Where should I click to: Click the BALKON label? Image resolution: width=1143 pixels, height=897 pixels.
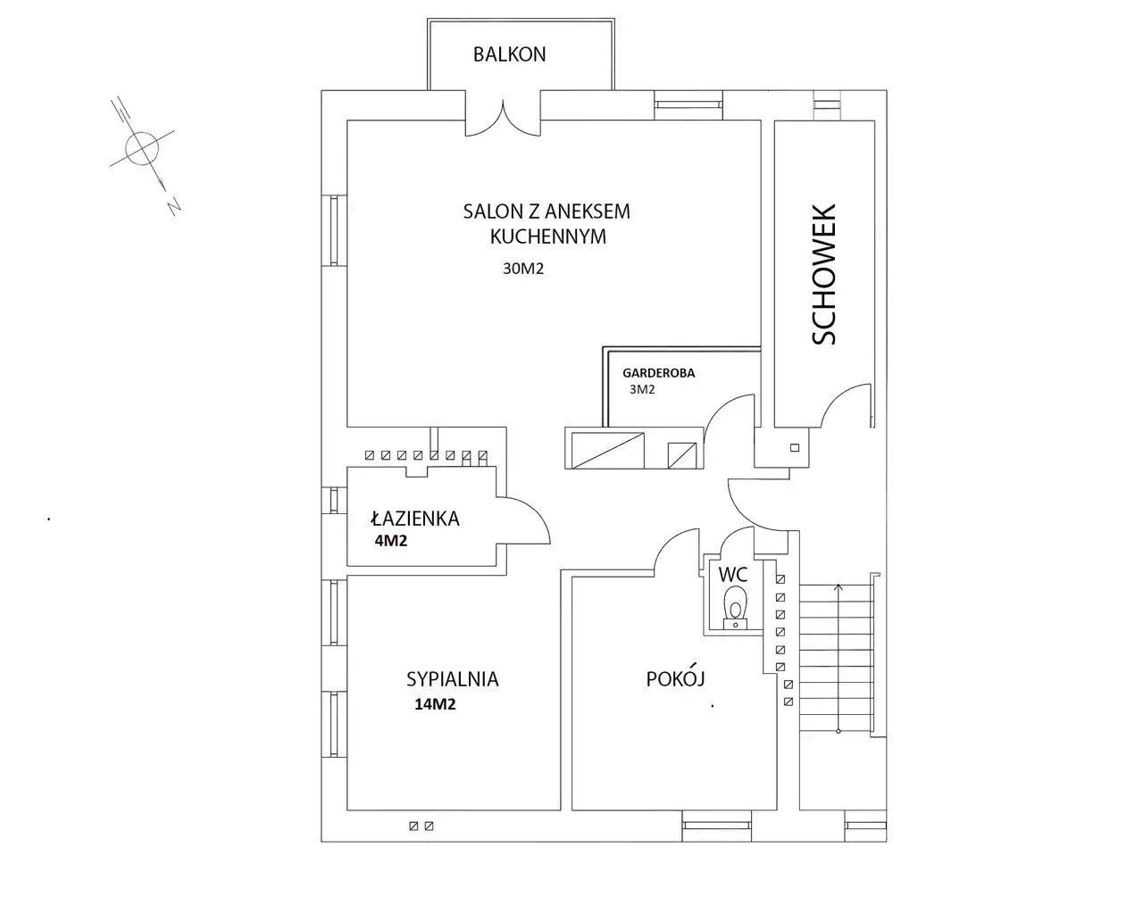click(509, 54)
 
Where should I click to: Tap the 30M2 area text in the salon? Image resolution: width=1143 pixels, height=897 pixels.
click(523, 269)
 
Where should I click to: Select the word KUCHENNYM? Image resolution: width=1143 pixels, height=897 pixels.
click(548, 237)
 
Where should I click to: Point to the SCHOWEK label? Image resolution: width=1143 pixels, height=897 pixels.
click(823, 274)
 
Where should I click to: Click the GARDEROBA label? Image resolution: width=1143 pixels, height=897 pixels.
click(658, 373)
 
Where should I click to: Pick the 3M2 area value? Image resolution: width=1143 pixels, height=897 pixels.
click(642, 389)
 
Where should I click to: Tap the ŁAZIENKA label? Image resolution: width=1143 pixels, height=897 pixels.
click(415, 519)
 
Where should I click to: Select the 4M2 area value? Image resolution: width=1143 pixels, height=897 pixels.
click(391, 541)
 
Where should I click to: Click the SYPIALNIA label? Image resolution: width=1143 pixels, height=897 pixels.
click(453, 679)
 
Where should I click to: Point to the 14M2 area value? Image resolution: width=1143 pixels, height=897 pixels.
click(435, 704)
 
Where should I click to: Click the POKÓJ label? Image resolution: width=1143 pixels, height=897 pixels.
click(675, 678)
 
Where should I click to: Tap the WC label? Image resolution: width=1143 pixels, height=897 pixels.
click(733, 575)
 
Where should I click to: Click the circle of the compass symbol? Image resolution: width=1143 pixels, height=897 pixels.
click(142, 149)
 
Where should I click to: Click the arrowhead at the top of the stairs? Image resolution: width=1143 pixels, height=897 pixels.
click(838, 587)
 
